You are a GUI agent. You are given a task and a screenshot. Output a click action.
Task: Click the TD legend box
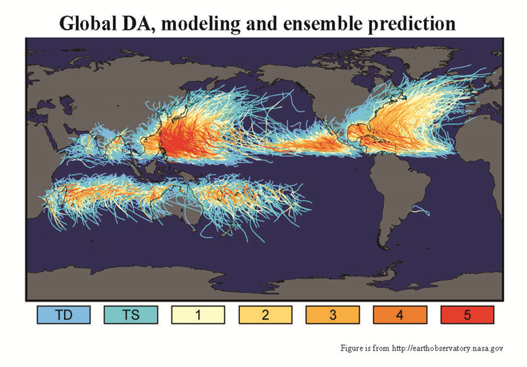63,314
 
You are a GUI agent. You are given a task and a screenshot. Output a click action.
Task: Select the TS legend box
130,314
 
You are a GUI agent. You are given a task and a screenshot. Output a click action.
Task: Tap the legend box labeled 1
198,314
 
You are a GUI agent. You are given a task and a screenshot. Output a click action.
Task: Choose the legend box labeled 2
265,314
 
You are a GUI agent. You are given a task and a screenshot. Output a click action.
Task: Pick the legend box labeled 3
332,314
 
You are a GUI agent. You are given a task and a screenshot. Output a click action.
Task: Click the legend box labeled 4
399,314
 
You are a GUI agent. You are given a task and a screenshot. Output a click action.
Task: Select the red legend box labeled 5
467,314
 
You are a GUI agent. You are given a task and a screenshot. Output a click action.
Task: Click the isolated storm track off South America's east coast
422,211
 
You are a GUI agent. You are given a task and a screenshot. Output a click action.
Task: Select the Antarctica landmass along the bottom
262,284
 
